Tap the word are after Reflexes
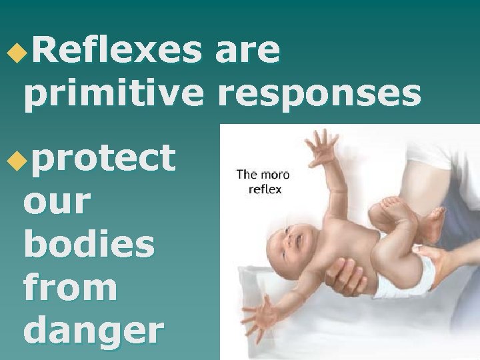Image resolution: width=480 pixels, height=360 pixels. coord(247,51)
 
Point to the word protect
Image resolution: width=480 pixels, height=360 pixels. coord(107,158)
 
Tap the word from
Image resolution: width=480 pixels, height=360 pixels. coord(70,287)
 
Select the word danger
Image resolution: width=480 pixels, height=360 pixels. coord(93,331)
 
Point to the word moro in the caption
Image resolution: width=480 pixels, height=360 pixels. coord(275,175)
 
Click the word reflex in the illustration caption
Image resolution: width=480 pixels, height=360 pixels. coord(265,189)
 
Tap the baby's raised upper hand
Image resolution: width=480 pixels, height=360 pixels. coord(323,147)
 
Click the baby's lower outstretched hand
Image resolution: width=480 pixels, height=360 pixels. coord(261,315)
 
